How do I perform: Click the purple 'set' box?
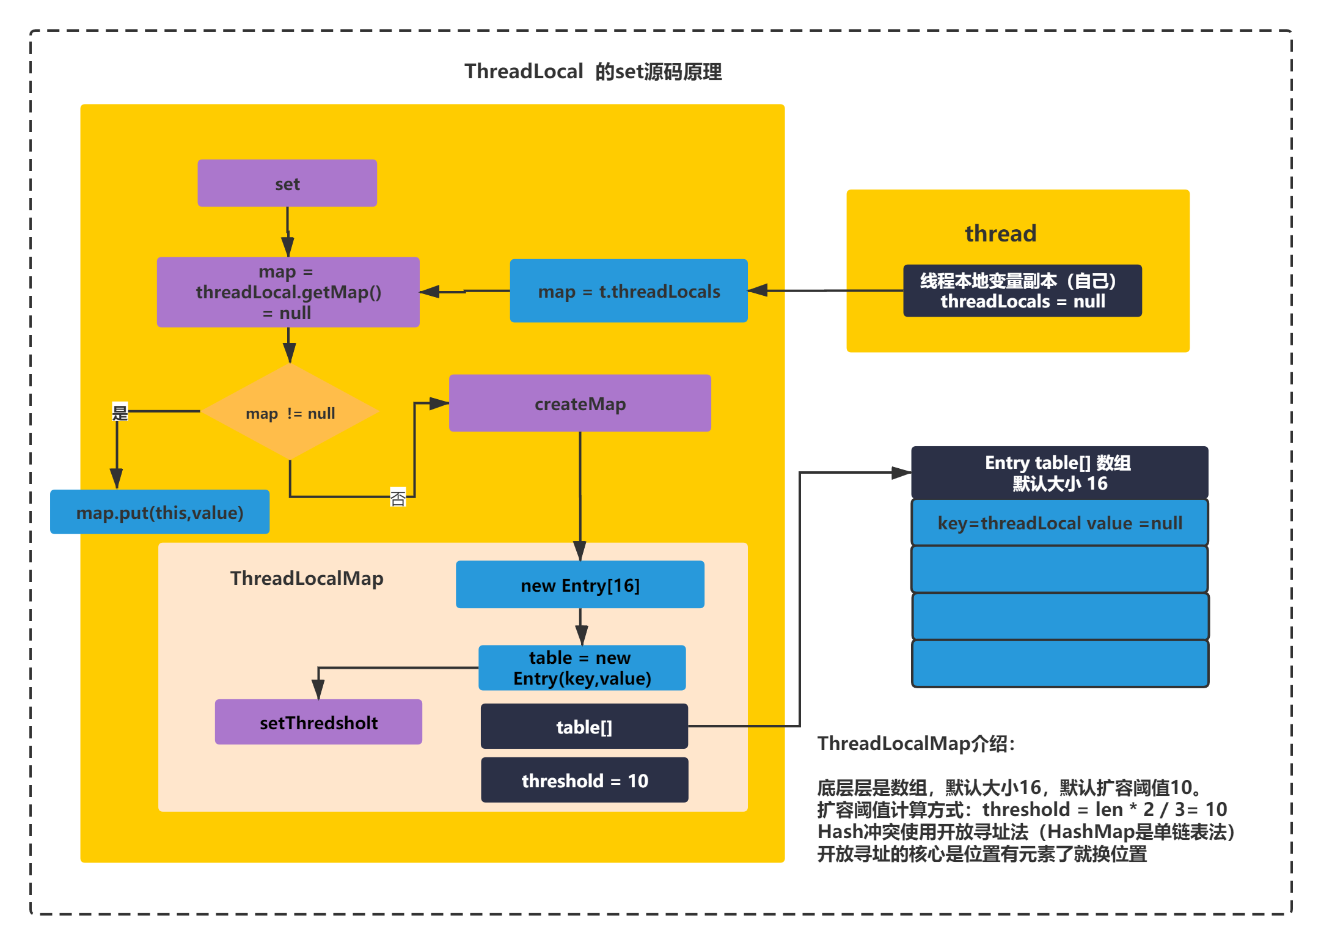click(287, 183)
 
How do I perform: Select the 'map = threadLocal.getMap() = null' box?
click(288, 292)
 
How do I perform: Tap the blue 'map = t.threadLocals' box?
click(629, 291)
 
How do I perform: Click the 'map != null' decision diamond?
click(290, 412)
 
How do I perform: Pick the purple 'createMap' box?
click(580, 403)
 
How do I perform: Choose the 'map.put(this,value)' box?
click(159, 512)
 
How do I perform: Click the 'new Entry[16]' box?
click(580, 585)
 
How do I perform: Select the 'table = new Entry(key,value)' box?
click(582, 668)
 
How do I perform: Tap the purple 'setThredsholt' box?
click(318, 722)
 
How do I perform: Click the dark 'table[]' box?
click(584, 727)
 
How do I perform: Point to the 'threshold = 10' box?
click(585, 780)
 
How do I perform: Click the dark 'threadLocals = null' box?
click(1022, 291)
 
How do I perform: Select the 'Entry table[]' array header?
click(1059, 473)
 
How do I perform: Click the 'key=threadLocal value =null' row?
click(1059, 523)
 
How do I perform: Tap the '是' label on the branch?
click(120, 413)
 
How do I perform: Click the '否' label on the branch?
click(398, 498)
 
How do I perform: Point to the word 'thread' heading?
click(1000, 233)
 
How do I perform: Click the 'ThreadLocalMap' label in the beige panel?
click(307, 578)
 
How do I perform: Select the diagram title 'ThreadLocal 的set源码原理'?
click(593, 72)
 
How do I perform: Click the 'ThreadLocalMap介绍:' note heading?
click(917, 743)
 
